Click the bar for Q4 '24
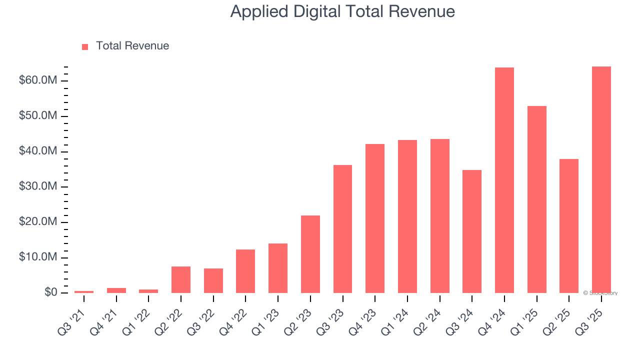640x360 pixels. pos(504,180)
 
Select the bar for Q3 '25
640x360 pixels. pos(601,179)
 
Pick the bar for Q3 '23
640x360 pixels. pos(342,228)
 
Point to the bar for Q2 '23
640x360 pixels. pos(310,254)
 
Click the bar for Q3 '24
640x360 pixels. pos(472,231)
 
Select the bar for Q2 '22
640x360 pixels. pos(181,279)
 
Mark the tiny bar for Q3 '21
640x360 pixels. pos(84,291)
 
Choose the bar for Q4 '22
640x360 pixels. pos(245,271)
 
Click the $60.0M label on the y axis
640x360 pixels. pos(38,80)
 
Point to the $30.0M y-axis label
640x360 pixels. pos(38,186)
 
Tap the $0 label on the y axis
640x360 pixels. pos(50,292)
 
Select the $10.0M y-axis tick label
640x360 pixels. pos(38,257)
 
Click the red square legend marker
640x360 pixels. pos(85,46)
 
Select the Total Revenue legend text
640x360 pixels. pos(132,46)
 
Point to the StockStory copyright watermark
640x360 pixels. pos(600,293)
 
